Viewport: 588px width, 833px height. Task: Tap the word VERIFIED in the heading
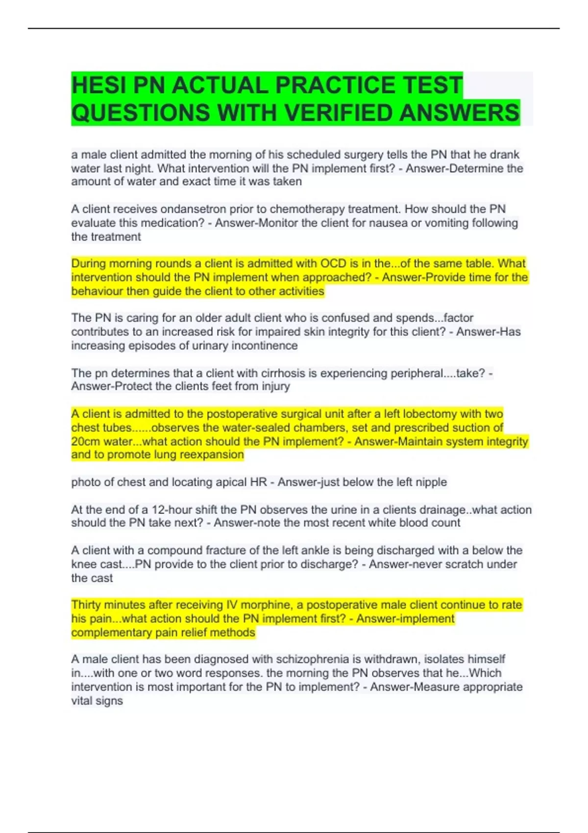pyautogui.click(x=339, y=113)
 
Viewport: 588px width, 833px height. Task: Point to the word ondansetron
pyautogui.click(x=193, y=209)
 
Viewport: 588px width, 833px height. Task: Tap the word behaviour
pyautogui.click(x=96, y=291)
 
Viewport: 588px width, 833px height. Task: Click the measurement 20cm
pyautogui.click(x=85, y=441)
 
